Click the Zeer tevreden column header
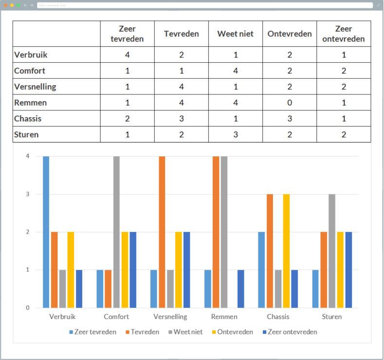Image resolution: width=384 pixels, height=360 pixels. pyautogui.click(x=127, y=34)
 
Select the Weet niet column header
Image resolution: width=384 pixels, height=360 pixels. pyautogui.click(x=236, y=34)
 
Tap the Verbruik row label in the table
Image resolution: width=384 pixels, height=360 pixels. pyautogui.click(x=31, y=54)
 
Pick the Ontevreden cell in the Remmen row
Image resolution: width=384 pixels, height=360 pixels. pyautogui.click(x=290, y=103)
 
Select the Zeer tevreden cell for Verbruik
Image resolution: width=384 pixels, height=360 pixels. pyautogui.click(x=127, y=54)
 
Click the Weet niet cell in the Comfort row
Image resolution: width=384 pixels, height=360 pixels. pyautogui.click(x=236, y=71)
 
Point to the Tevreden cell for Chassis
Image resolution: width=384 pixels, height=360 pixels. pyautogui.click(x=181, y=119)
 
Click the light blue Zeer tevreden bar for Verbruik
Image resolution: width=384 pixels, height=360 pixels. pyautogui.click(x=46, y=232)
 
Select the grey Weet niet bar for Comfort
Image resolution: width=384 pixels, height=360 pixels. pyautogui.click(x=116, y=232)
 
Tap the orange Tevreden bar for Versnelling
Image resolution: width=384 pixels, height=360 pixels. pyautogui.click(x=162, y=232)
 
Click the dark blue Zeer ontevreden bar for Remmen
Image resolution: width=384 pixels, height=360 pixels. pyautogui.click(x=240, y=288)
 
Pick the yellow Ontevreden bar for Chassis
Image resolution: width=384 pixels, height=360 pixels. pyautogui.click(x=286, y=251)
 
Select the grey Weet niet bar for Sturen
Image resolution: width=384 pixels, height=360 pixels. pyautogui.click(x=332, y=251)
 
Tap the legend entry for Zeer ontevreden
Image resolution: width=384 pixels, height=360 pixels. pyautogui.click(x=290, y=332)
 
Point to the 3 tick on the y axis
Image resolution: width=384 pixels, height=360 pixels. pyautogui.click(x=28, y=194)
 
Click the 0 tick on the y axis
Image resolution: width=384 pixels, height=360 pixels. pyautogui.click(x=28, y=307)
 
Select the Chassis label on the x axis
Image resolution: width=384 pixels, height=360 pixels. pyautogui.click(x=278, y=317)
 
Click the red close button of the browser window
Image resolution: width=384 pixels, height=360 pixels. pyautogui.click(x=6, y=5)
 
